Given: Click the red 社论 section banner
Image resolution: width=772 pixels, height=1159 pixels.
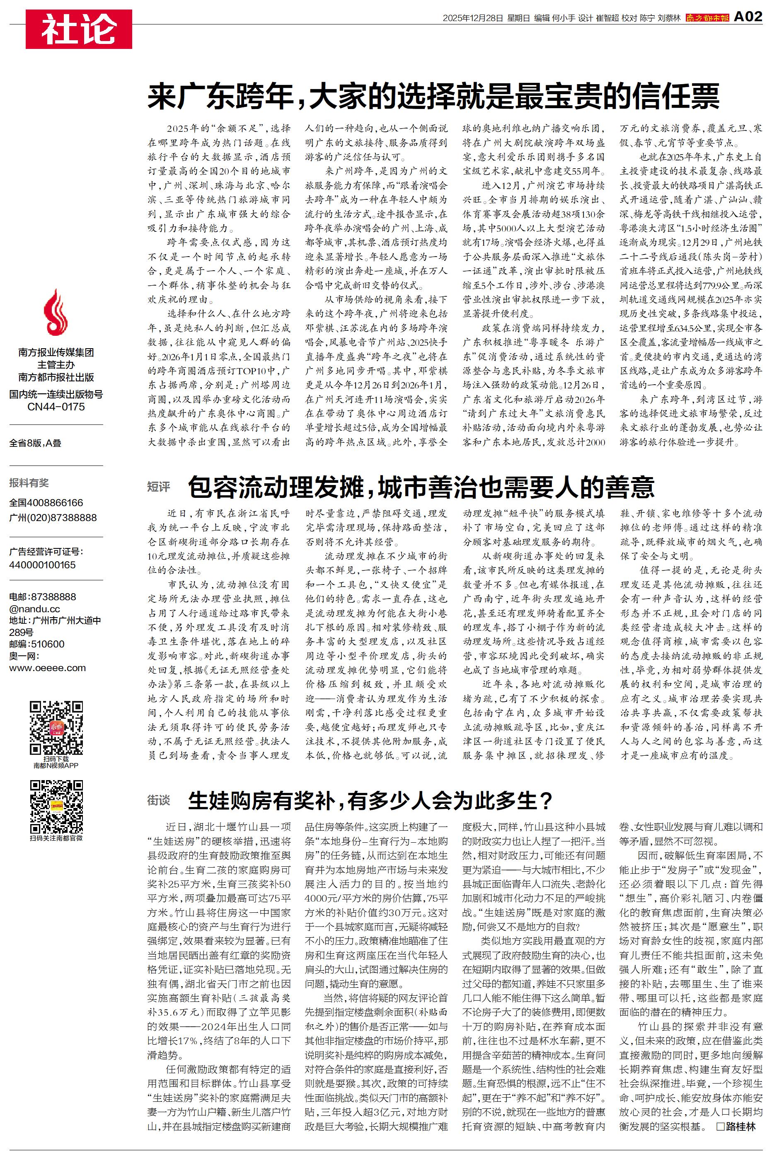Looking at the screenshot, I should [x=79, y=29].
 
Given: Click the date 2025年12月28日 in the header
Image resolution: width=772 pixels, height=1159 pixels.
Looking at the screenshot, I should [x=473, y=18].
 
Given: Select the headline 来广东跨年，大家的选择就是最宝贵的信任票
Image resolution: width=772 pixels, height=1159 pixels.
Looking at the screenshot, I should [x=433, y=97].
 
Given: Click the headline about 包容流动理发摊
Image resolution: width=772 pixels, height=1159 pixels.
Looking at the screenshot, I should [x=421, y=487].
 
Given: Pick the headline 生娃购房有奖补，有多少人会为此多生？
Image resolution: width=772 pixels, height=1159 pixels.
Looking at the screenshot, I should [x=370, y=800].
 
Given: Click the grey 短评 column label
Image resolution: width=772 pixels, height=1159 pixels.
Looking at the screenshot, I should [x=159, y=487].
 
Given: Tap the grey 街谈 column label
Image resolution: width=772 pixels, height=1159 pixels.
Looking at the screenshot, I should [x=159, y=800].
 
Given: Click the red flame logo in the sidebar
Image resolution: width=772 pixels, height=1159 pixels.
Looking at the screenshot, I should [x=56, y=312].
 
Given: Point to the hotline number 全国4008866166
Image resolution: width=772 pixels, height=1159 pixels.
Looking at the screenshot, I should [x=46, y=503].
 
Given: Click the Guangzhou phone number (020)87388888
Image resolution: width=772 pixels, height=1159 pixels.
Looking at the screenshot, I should [x=53, y=518].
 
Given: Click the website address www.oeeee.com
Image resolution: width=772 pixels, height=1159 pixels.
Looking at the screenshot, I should [x=47, y=668].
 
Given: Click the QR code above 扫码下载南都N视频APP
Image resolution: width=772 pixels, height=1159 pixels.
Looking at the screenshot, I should [x=56, y=728].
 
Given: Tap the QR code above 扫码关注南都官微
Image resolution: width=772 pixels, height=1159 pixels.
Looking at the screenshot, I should [x=56, y=807].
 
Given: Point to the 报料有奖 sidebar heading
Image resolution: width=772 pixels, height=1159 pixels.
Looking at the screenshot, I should [x=29, y=483].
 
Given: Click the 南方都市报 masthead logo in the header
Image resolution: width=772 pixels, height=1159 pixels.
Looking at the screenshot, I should [x=707, y=18].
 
